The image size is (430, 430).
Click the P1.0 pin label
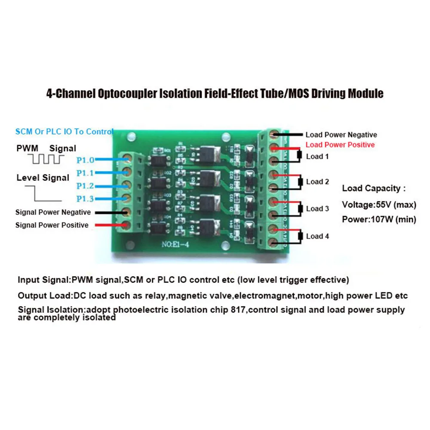86,160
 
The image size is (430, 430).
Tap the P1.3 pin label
86,199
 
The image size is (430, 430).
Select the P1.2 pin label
86,186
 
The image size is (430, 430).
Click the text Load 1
317,157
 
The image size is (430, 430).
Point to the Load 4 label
317,236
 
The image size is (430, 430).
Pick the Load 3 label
317,209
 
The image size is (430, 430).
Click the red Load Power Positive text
340,145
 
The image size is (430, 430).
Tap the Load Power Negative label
341,135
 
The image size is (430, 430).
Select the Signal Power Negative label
53,212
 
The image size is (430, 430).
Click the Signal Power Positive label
52,225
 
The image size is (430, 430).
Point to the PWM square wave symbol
47,160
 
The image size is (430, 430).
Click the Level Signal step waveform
43,193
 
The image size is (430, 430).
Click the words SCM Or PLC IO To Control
64,132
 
